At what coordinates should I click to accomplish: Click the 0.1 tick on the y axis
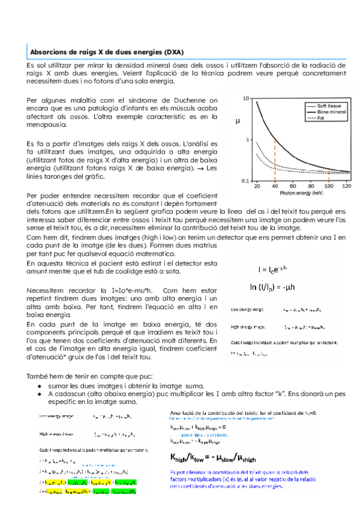246,181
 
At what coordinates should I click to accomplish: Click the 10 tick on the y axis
247,98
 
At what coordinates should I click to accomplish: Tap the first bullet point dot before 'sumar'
39,385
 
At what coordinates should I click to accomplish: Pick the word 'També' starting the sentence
37,375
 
